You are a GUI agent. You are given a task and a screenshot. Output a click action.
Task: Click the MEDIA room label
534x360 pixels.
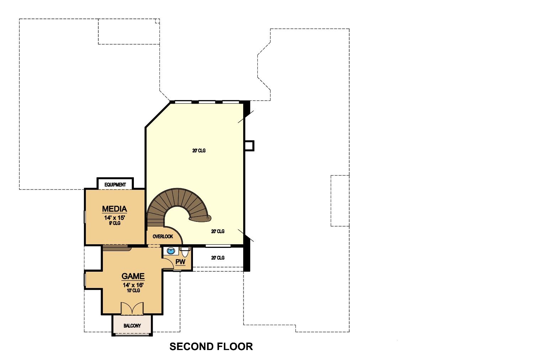tap(114, 209)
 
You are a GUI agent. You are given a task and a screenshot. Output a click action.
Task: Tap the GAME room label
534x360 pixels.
tap(133, 276)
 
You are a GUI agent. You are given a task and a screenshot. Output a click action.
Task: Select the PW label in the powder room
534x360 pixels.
tap(180, 262)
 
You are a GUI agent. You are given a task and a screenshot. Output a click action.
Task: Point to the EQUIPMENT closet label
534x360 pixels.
tap(115, 184)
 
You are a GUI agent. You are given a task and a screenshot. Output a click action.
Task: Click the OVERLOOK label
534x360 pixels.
tap(163, 236)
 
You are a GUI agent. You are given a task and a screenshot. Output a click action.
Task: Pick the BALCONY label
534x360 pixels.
tap(132, 325)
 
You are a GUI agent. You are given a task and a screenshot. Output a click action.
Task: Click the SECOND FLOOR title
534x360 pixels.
tap(211, 346)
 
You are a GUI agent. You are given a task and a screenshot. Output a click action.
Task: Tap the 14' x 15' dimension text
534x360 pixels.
tap(115, 218)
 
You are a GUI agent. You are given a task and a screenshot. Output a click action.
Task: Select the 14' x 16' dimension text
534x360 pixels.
tap(133, 285)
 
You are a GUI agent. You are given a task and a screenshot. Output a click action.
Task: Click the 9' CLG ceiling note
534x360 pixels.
tap(115, 223)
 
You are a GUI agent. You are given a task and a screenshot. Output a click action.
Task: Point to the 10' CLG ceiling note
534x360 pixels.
tap(133, 290)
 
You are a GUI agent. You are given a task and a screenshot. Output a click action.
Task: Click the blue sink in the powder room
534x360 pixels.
tap(171, 251)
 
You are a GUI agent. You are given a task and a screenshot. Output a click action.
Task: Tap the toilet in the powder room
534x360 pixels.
tap(185, 251)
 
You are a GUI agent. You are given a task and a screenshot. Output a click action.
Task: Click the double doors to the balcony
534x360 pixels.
tap(132, 308)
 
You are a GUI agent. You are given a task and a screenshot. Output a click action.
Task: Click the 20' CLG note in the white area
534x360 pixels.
tap(218, 258)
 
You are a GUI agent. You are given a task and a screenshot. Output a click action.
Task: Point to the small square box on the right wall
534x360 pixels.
tap(249, 146)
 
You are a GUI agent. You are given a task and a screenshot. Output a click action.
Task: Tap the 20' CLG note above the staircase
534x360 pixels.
tap(199, 150)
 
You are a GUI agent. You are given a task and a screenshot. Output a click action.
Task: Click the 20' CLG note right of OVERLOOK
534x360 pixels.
tap(218, 231)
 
